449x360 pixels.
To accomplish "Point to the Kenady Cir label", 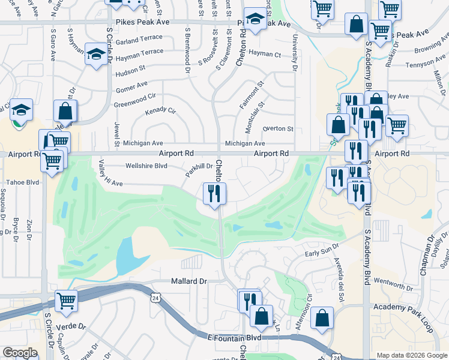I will (x=160, y=111).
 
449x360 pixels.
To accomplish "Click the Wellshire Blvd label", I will (x=145, y=166).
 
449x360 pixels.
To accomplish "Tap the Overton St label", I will (x=278, y=128).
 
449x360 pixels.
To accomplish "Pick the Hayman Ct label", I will (x=265, y=54).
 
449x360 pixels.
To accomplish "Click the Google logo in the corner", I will (x=20, y=353).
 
